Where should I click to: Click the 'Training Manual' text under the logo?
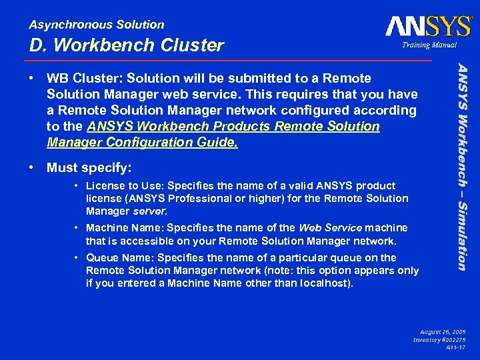[x=429, y=45]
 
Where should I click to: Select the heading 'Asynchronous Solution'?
[x=97, y=25]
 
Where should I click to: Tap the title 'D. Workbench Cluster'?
[x=127, y=45]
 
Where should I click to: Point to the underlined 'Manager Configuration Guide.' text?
[x=142, y=143]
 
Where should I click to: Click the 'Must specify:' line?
[x=89, y=167]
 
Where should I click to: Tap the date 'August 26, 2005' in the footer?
[x=443, y=331]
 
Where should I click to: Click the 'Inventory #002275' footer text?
[x=439, y=339]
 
